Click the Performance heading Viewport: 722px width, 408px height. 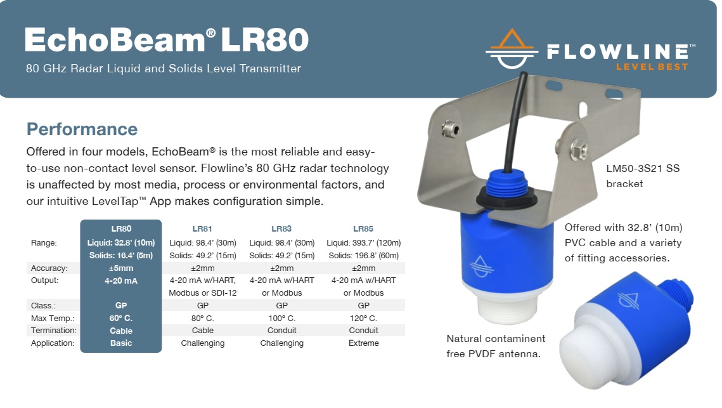tap(82, 129)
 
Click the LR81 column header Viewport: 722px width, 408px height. tap(202, 228)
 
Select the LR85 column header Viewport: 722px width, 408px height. tap(363, 228)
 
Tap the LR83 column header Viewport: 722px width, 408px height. tap(281, 228)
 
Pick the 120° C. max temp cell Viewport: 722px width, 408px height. tap(363, 318)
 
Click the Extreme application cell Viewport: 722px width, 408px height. tap(363, 343)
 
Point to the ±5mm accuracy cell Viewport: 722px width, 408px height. tap(120, 268)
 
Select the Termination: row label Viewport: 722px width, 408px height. tap(54, 331)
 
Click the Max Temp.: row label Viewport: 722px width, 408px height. tap(52, 318)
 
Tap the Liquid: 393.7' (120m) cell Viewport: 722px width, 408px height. tap(363, 243)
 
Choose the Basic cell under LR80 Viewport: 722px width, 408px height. tap(121, 343)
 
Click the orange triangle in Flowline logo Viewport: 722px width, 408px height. tap(512, 38)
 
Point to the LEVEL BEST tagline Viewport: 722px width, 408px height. tap(652, 67)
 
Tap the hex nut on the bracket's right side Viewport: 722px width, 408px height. tap(578, 150)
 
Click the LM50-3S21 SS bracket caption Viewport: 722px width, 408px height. tap(643, 176)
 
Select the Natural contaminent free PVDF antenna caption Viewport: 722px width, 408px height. tap(496, 346)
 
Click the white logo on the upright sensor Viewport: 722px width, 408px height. tap(481, 266)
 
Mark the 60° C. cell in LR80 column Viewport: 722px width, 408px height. tap(120, 318)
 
